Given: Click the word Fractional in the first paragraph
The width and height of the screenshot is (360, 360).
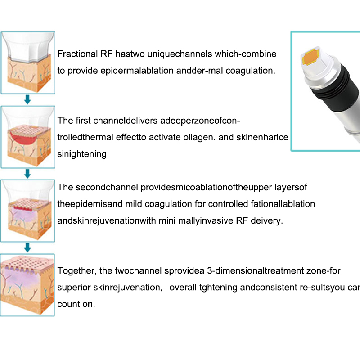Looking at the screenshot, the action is point(77,54).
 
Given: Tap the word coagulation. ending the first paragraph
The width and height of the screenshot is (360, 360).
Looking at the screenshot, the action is point(251,71).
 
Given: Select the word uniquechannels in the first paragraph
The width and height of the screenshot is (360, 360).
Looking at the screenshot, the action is point(180,54).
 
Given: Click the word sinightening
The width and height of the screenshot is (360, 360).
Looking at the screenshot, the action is point(82,154).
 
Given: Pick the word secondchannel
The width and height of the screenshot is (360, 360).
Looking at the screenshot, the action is point(107,187).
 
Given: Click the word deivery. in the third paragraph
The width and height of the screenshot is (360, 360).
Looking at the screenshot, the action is point(267,220).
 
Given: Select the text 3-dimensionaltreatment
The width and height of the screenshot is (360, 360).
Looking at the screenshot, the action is point(256,271).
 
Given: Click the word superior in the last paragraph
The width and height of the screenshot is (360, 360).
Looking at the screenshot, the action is point(74,288).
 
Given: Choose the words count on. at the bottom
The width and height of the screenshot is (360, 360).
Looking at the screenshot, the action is point(76,304).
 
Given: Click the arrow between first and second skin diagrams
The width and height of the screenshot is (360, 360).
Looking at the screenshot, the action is point(27,99).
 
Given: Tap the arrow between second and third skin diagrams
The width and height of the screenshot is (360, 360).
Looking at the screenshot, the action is point(27,174).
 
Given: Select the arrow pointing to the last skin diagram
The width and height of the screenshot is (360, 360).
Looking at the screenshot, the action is point(27,248).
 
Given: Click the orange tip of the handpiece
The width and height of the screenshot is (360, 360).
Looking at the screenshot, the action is point(310,57).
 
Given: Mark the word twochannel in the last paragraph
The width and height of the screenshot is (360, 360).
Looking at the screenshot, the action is point(139,271).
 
